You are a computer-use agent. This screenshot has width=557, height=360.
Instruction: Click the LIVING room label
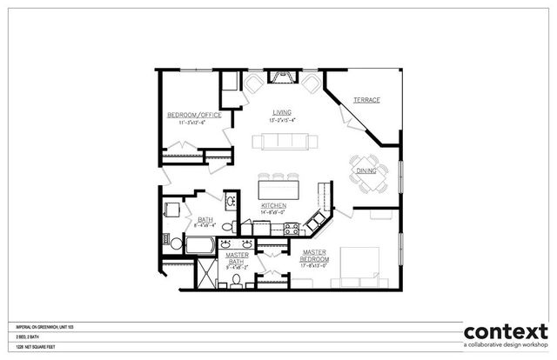[x=280, y=112]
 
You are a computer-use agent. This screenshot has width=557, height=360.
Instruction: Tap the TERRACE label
[x=366, y=101]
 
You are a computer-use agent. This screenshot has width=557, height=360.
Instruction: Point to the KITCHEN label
[x=274, y=206]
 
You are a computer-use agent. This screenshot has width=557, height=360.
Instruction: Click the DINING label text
[x=367, y=171]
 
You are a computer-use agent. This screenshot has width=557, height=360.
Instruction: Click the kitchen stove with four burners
[x=292, y=230]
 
